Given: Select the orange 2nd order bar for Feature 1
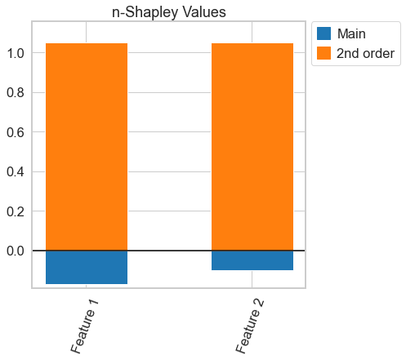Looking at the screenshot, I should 87,147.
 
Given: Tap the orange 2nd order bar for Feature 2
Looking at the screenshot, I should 252,147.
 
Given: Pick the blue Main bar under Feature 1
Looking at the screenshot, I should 87,267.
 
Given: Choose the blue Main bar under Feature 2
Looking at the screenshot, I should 252,260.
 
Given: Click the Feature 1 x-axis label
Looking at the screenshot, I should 85,326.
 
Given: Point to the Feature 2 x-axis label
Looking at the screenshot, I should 250,326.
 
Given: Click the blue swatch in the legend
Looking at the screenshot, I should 324,33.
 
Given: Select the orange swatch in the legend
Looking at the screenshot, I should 324,54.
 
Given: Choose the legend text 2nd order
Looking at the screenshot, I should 367,54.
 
